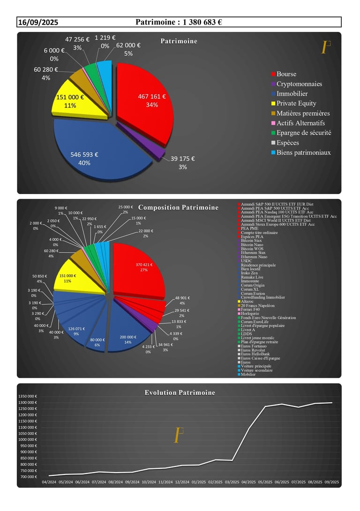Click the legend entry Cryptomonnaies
coord(299,84)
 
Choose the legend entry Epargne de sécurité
coord(304,133)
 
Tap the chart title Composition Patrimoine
coord(178,208)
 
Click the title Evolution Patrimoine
coord(180,392)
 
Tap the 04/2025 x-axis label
coord(248,481)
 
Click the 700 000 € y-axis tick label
coord(29,477)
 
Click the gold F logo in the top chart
coord(325,48)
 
